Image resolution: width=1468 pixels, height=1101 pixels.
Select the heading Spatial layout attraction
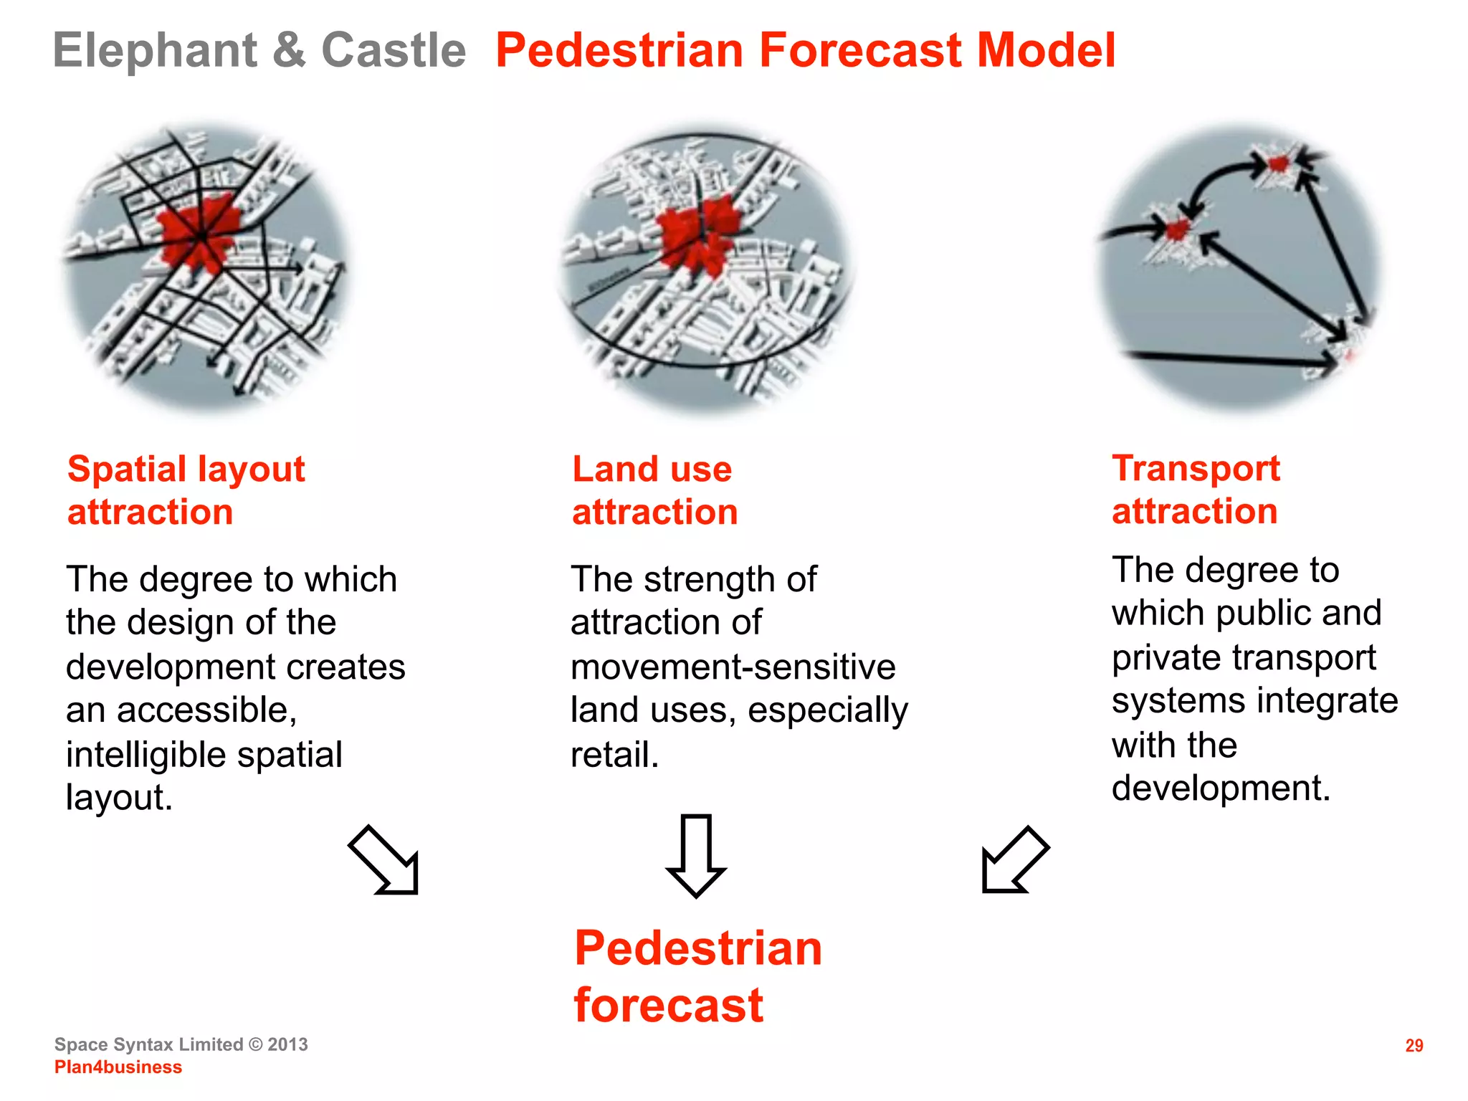pyautogui.click(x=186, y=490)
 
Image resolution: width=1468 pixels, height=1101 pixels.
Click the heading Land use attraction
pyautogui.click(x=654, y=490)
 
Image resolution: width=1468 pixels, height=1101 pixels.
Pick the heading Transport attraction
pyautogui.click(x=1195, y=490)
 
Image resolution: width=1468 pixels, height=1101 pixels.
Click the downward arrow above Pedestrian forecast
pyautogui.click(x=696, y=854)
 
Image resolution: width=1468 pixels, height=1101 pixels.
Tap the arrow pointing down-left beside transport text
pyautogui.click(x=1014, y=860)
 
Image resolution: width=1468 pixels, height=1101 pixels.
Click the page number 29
pyautogui.click(x=1414, y=1046)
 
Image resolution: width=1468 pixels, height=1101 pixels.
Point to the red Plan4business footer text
pyautogui.click(x=118, y=1067)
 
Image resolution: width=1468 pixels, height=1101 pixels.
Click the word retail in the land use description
pyautogui.click(x=613, y=755)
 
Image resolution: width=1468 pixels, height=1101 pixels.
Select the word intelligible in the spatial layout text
pyautogui.click(x=146, y=755)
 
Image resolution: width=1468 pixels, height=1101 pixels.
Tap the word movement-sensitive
pyautogui.click(x=733, y=667)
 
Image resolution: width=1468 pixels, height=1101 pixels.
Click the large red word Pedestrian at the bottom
pyautogui.click(x=697, y=948)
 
